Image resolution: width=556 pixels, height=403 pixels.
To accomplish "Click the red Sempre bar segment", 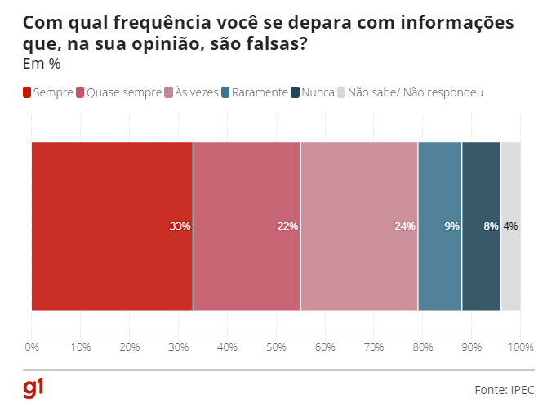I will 112,226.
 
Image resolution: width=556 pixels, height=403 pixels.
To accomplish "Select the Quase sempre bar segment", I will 247,226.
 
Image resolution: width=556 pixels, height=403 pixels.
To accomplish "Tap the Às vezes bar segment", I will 359,226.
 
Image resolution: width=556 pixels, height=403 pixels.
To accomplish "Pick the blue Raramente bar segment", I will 440,226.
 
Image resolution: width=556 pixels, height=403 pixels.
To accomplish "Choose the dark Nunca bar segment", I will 482,226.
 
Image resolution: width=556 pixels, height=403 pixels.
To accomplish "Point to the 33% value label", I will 180,226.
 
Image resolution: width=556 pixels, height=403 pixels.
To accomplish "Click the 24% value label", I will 405,226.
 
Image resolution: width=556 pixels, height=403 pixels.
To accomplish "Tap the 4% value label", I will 510,226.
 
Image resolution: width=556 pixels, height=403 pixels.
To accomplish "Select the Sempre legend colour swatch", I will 27,93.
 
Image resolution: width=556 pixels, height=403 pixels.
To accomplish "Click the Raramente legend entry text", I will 259,93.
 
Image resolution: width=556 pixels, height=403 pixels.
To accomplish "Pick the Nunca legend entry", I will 318,93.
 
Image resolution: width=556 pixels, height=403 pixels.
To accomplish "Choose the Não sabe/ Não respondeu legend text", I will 416,93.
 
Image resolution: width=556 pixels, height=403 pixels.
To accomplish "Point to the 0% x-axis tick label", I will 32,347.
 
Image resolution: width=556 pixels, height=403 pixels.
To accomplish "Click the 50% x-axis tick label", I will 276,347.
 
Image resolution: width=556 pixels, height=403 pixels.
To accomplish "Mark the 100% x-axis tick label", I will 520,347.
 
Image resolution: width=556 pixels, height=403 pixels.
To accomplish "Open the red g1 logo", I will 33,387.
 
